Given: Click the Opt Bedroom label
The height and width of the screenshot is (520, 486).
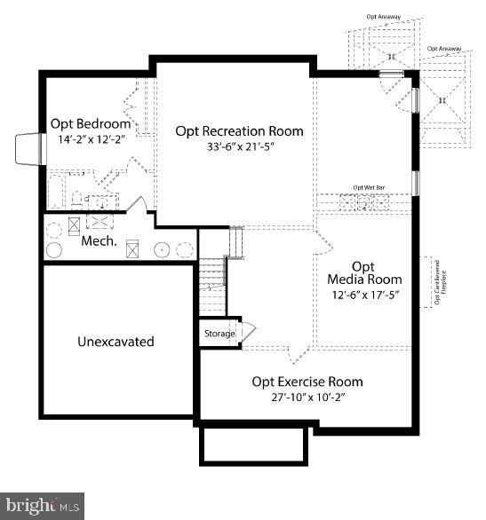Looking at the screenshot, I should [x=90, y=123].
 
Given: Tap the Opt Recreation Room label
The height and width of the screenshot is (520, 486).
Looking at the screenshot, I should [x=239, y=130].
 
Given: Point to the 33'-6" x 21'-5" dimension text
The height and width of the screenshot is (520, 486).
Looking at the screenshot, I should [x=239, y=147].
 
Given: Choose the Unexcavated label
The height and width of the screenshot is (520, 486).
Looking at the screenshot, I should [x=116, y=341].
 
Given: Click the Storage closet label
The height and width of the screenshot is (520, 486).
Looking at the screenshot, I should [x=219, y=334].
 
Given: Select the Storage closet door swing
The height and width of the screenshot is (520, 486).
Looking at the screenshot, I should [x=248, y=333].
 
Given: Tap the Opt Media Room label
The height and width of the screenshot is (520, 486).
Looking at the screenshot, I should [x=363, y=272].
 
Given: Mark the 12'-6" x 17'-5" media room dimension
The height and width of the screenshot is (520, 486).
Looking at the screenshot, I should [x=364, y=295].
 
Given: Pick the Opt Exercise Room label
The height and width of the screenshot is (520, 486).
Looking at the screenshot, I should [x=307, y=382].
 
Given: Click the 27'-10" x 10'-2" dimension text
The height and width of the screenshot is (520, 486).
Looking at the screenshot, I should [x=307, y=398].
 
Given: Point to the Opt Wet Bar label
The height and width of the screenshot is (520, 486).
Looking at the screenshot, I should [x=368, y=187].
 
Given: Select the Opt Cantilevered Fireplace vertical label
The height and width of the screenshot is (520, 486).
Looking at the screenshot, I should [x=439, y=283].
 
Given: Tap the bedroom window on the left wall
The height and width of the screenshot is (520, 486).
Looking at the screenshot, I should [x=28, y=149].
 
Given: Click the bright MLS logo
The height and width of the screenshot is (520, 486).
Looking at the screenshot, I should [x=43, y=506].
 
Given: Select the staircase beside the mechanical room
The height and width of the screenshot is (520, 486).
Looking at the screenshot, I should [x=211, y=275].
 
